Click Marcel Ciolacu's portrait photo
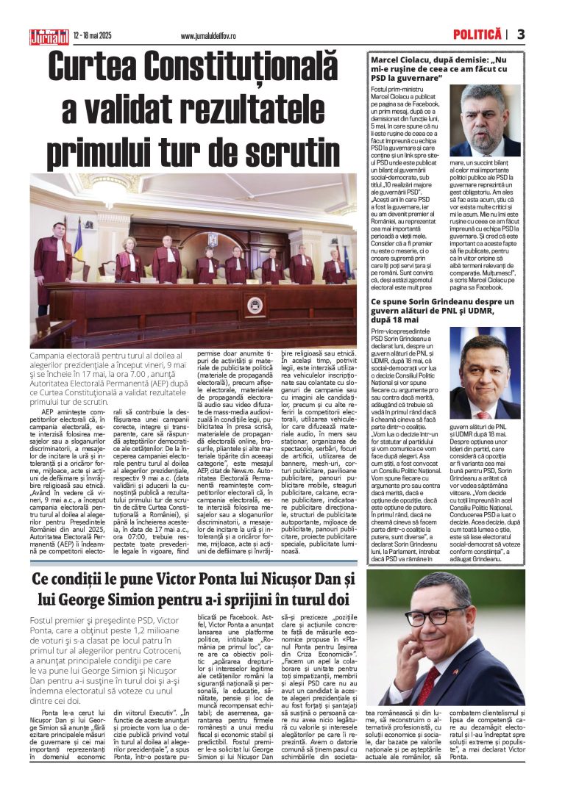click(485, 120)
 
